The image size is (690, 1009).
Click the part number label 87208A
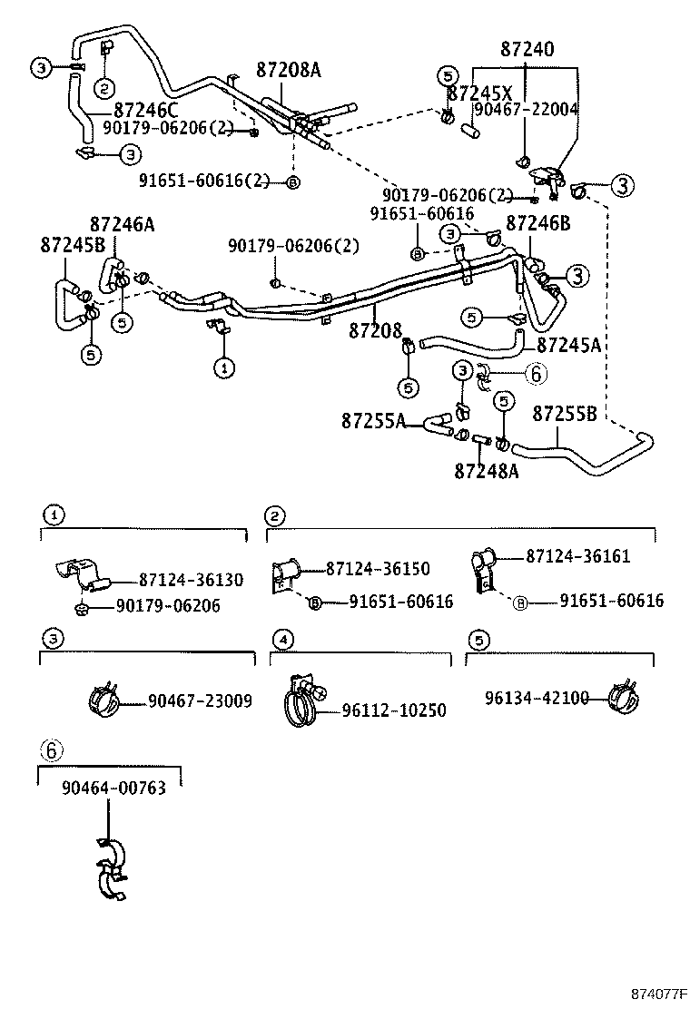tap(288, 70)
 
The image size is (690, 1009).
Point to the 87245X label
tap(480, 93)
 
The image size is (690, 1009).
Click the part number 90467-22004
tap(526, 109)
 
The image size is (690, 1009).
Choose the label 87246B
tap(537, 222)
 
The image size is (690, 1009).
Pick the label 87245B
tap(73, 244)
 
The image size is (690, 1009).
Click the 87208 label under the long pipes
tap(375, 331)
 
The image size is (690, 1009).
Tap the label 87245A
tap(569, 345)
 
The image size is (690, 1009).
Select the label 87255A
tap(374, 421)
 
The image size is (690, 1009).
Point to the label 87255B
tap(564, 414)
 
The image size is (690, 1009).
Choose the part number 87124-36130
tap(191, 580)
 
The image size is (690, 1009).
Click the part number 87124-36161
tap(577, 556)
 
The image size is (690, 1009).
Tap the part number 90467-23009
tap(200, 700)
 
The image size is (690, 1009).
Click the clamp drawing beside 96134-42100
tap(622, 697)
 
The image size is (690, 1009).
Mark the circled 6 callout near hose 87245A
tap(535, 372)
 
